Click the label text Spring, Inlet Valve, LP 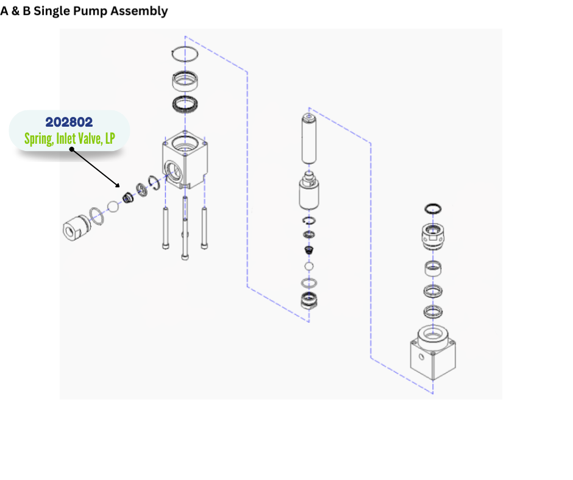(x=69, y=139)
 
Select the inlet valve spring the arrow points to (x=128, y=197)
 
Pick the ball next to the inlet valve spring (x=113, y=206)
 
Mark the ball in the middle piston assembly (x=309, y=267)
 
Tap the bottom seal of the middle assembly (x=309, y=300)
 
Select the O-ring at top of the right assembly (x=433, y=209)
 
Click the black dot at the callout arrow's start (x=71, y=149)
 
